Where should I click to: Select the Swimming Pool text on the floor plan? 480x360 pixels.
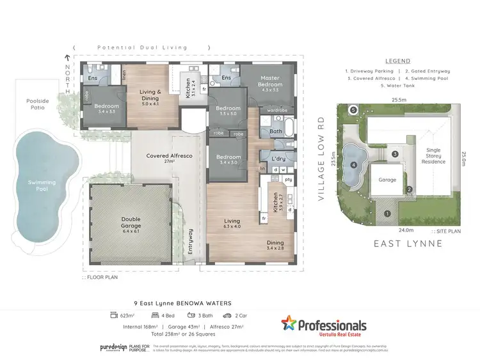point(42,185)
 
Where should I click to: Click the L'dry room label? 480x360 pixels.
point(278,158)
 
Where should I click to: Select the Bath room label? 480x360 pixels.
point(276,132)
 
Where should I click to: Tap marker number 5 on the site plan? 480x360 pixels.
point(353,109)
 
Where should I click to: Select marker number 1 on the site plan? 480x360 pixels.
point(387,214)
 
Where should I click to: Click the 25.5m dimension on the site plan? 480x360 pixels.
point(400,100)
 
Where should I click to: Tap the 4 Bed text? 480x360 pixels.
point(168,315)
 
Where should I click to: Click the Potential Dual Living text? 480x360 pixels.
point(141,48)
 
